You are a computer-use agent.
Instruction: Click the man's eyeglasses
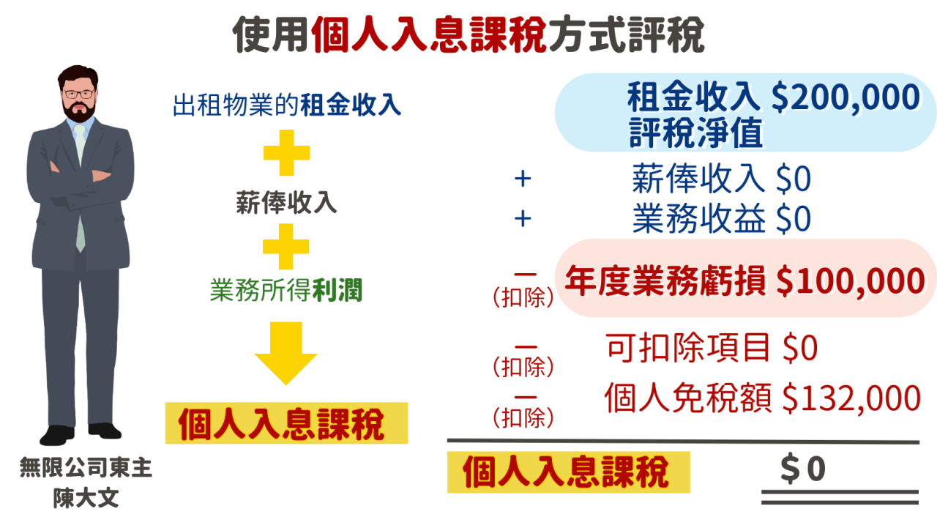(78, 94)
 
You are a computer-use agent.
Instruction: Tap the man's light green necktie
(79, 183)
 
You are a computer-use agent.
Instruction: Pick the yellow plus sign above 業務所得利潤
(286, 247)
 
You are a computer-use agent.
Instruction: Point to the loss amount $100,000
(850, 281)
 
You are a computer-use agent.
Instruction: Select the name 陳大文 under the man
(86, 499)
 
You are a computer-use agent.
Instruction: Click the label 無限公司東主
(86, 469)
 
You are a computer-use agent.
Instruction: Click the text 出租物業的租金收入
(287, 105)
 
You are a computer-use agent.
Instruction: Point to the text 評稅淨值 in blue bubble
(695, 133)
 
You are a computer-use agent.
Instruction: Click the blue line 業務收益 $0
(721, 219)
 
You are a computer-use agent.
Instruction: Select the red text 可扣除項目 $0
(712, 349)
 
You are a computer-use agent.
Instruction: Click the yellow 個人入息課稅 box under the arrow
(285, 423)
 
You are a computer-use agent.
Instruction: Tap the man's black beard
(79, 112)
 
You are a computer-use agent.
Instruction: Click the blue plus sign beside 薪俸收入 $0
(522, 179)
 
